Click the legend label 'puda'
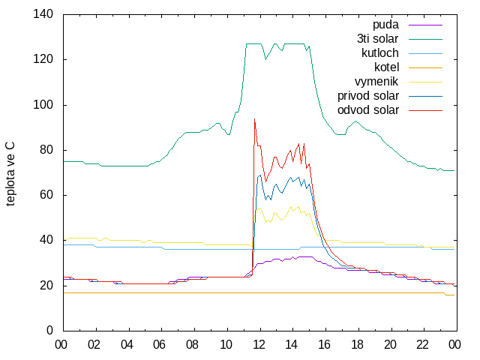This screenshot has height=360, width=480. point(385,25)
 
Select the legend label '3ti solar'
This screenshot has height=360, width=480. point(378,39)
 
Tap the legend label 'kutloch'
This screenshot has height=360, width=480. point(380,53)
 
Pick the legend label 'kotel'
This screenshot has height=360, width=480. point(387,67)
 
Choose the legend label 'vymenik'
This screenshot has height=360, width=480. point(376,82)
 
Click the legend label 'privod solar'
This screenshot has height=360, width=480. point(368,96)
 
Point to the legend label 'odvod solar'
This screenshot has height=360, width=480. point(368,110)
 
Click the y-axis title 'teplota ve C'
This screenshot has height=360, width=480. point(10,174)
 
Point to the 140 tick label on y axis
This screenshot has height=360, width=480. point(43,14)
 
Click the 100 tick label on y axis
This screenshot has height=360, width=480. point(43,105)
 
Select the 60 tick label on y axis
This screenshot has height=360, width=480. point(46,195)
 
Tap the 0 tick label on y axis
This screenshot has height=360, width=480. point(49,330)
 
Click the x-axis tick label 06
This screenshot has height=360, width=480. point(159,345)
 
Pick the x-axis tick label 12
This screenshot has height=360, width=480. point(259,345)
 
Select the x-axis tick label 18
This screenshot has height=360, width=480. point(357,345)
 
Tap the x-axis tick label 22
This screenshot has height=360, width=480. point(422,345)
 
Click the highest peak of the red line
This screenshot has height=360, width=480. point(254,119)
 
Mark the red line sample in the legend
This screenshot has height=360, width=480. point(425,110)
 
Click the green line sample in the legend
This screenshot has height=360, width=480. point(425,39)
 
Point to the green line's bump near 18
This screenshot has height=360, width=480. point(355,121)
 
